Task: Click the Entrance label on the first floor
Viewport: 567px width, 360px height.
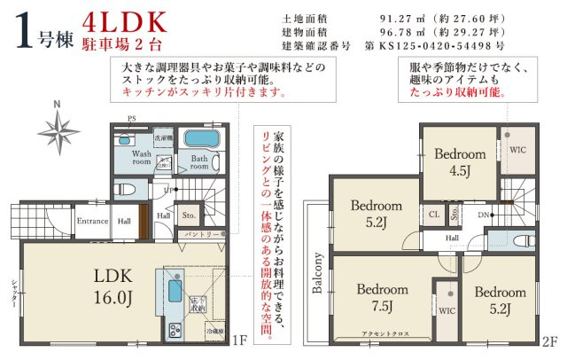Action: (x=92, y=221)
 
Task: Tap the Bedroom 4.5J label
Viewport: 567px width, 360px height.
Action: (x=460, y=160)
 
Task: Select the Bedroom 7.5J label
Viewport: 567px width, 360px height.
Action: (x=382, y=296)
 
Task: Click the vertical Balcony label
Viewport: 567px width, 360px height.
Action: (x=317, y=273)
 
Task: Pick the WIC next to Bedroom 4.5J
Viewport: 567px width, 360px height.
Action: (x=517, y=151)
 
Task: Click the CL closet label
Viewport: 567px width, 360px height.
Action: (x=434, y=214)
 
